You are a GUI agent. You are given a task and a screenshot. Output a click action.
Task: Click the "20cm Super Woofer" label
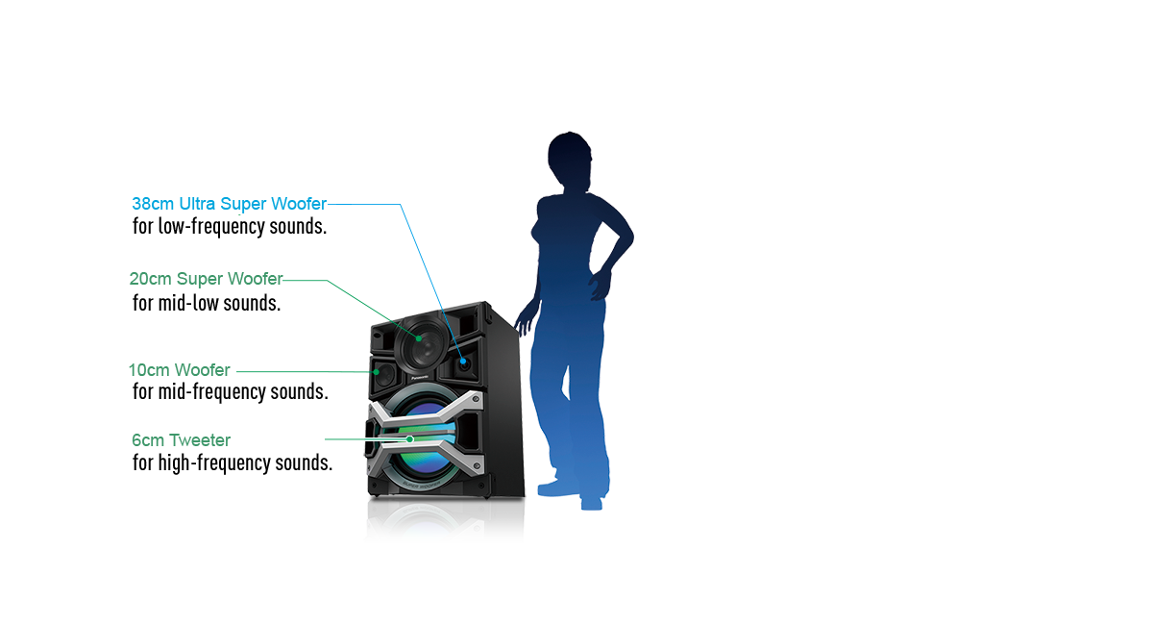206,280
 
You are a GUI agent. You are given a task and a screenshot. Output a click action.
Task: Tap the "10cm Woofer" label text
180,370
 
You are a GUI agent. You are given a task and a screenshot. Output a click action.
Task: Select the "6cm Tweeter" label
181,440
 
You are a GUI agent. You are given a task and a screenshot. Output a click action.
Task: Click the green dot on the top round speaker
420,338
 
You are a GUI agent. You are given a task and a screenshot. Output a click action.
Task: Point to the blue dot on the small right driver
464,362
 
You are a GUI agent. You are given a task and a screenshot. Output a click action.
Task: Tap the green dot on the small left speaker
378,370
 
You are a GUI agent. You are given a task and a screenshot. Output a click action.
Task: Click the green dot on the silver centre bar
410,439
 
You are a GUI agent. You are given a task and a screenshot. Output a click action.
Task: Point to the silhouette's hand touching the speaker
523,321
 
